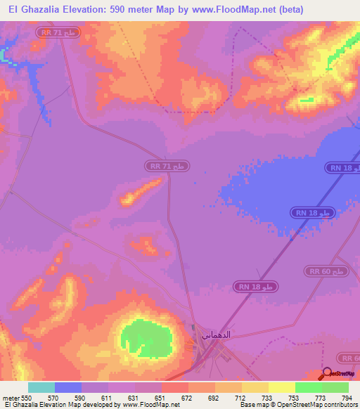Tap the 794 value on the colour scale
click(339, 397)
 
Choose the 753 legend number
click(285, 397)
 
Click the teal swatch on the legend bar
click(41, 387)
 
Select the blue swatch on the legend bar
click(68, 387)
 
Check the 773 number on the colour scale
click(312, 397)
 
